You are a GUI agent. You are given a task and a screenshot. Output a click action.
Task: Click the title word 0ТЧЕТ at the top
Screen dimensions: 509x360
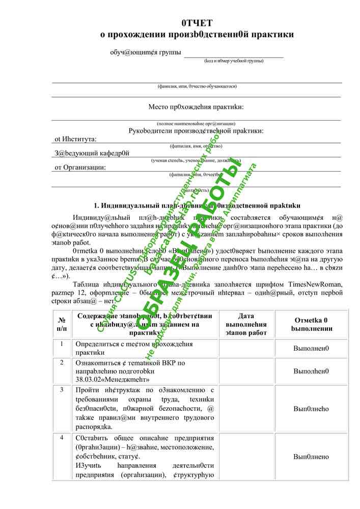[197, 23]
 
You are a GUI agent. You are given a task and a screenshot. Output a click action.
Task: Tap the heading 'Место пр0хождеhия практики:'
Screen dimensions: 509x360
[196, 107]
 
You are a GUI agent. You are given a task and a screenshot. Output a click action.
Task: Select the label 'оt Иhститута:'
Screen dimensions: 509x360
[75, 138]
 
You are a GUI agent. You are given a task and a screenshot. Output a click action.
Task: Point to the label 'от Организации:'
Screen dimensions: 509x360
[80, 167]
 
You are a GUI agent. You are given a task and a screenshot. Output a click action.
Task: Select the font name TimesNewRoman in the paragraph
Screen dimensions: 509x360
[316, 284]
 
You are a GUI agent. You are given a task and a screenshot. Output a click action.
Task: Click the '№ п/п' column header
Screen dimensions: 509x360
[62, 324]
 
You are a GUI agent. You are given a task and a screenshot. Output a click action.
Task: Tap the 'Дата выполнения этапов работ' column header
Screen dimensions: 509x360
[246, 324]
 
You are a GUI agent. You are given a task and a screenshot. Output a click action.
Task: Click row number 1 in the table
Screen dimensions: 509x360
[62, 344]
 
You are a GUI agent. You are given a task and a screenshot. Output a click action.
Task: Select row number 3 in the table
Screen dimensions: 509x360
[62, 390]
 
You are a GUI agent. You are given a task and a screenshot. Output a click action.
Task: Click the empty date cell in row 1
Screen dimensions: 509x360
[246, 348]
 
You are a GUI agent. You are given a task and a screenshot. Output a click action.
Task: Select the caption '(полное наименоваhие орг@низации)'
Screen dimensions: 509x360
[196, 124]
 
